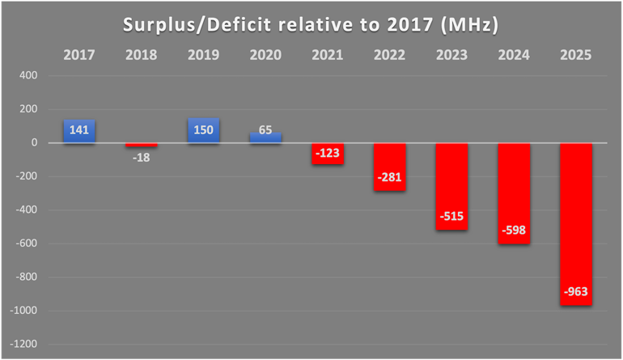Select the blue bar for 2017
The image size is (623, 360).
click(x=79, y=131)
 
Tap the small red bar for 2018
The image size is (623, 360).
click(x=141, y=146)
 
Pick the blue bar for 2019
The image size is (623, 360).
click(x=203, y=131)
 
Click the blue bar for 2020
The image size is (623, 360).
click(x=265, y=138)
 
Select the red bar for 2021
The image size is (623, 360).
click(x=328, y=154)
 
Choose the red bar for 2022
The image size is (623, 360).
click(x=389, y=167)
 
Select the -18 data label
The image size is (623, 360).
click(x=141, y=158)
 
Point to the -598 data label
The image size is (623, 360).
click(x=514, y=231)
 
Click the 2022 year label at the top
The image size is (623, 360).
click(x=389, y=55)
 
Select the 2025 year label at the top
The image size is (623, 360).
click(x=576, y=55)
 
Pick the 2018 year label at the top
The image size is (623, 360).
click(x=141, y=55)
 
